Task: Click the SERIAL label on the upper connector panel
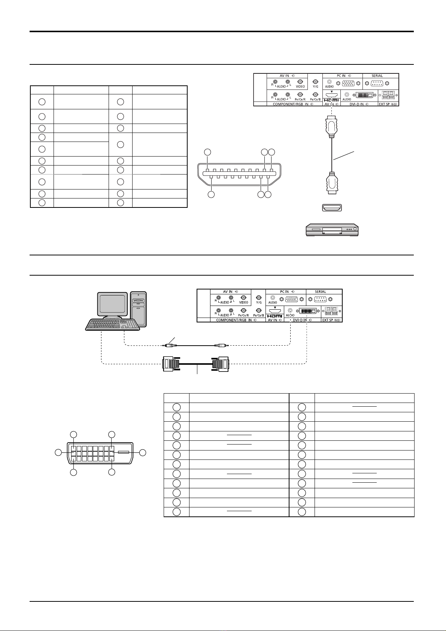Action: [x=377, y=76]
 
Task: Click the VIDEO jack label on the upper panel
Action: [x=300, y=87]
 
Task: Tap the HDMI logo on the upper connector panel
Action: [x=331, y=100]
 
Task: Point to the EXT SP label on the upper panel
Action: [x=388, y=104]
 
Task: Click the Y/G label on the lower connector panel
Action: [x=259, y=302]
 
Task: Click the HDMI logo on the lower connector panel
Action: [x=274, y=316]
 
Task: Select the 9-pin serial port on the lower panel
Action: [x=320, y=299]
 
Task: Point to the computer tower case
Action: [x=138, y=309]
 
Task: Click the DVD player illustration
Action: [x=332, y=230]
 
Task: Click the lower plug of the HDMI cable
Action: [x=332, y=183]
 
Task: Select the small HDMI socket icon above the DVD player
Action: [x=332, y=207]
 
